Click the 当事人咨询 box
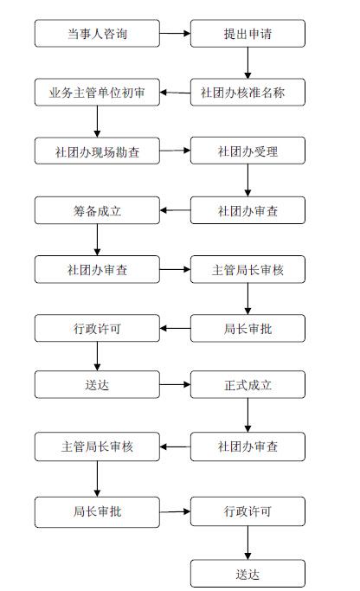(x=97, y=34)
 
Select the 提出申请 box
(x=247, y=34)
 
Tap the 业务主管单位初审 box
(x=97, y=93)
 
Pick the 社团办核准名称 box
(x=247, y=93)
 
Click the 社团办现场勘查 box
(x=97, y=151)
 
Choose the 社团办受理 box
(x=247, y=151)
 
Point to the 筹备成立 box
(x=97, y=210)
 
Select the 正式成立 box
(x=247, y=384)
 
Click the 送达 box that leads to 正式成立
(x=97, y=384)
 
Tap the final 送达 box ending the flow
(x=247, y=574)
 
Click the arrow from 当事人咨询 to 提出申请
(x=175, y=33)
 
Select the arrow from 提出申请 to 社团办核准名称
(x=247, y=63)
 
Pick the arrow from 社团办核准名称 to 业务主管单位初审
(x=175, y=93)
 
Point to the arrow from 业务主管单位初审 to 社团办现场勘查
(x=97, y=121)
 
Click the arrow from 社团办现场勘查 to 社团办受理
(x=175, y=151)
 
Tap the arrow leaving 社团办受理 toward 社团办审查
(x=247, y=181)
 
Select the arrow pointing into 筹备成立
(x=175, y=210)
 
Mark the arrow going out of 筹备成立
(x=97, y=240)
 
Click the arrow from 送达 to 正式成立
(x=175, y=384)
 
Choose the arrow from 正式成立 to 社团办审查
(x=247, y=415)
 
